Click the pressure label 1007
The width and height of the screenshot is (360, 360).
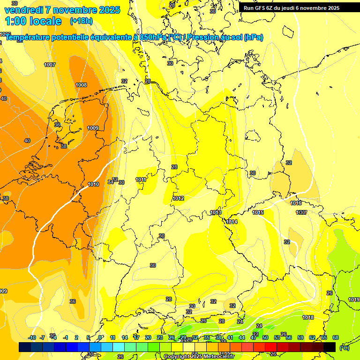[x=50, y=65]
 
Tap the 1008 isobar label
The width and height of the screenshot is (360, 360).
[x=81, y=85]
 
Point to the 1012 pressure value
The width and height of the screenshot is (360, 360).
[x=178, y=198]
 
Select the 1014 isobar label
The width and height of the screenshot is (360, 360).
[x=232, y=222]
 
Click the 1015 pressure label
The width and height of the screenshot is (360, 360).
[x=258, y=212]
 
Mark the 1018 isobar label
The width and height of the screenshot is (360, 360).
[x=308, y=317]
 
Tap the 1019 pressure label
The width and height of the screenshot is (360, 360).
[x=354, y=300]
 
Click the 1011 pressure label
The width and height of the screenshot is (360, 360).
[x=141, y=180]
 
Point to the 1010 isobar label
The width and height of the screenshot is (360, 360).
[x=93, y=184]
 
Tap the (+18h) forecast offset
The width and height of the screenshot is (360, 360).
[x=81, y=21]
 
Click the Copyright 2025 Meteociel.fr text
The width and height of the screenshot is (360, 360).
[x=199, y=357]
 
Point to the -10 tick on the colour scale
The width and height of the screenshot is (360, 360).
[x=32, y=337]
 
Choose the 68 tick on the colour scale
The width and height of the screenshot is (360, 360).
[x=336, y=337]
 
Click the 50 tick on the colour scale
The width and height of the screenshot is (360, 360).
[x=265, y=337]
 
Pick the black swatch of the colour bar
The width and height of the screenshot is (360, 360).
[x=330, y=347]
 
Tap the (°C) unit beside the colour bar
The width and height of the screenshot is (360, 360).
[x=345, y=347]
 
